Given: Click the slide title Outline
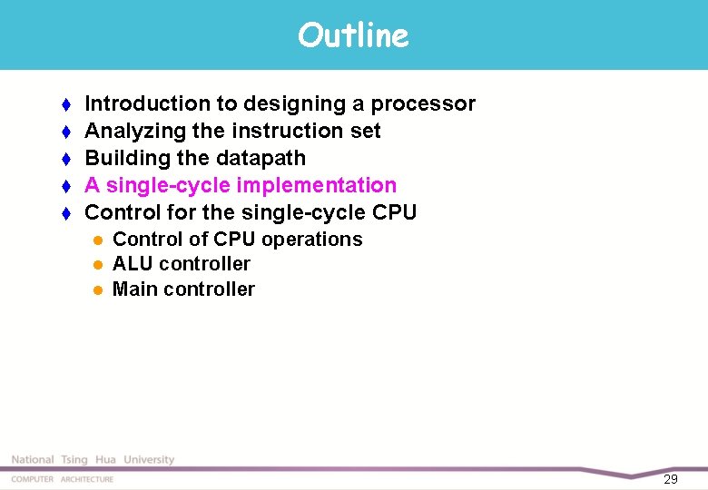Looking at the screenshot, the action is pyautogui.click(x=353, y=35).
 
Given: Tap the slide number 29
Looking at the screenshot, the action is pyautogui.click(x=671, y=479).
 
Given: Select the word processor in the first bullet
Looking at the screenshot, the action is pyautogui.click(x=428, y=104).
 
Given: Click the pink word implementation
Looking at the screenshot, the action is pyautogui.click(x=317, y=185).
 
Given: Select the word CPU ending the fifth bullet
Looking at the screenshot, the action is pyautogui.click(x=395, y=212).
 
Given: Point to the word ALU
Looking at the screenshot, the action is pyautogui.click(x=133, y=264).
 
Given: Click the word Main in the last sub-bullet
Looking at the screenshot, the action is pyautogui.click(x=134, y=289).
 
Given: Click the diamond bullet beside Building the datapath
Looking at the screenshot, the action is pyautogui.click(x=65, y=159).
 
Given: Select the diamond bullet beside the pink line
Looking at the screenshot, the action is pyautogui.click(x=65, y=186).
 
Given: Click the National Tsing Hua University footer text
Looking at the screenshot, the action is pyautogui.click(x=93, y=460).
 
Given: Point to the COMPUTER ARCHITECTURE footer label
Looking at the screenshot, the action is pyautogui.click(x=63, y=479).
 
